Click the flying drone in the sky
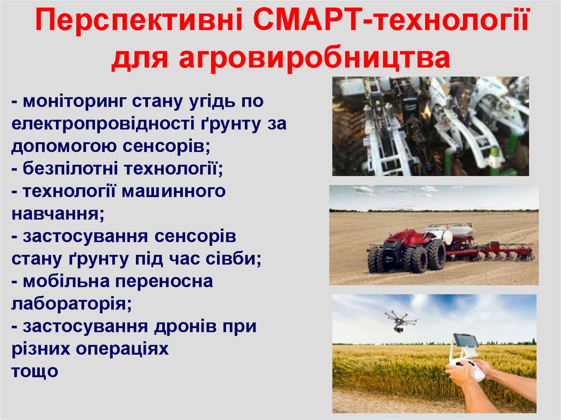399,320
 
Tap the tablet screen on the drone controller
465,341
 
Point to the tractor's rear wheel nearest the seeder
436,255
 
